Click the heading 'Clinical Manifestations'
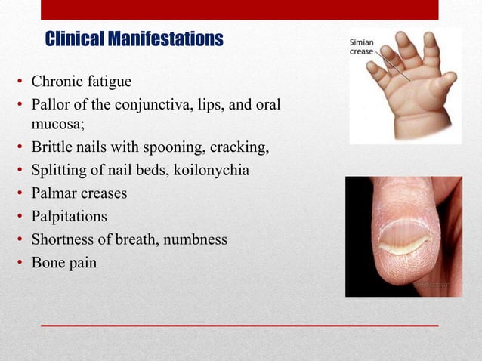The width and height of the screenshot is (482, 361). pyautogui.click(x=134, y=39)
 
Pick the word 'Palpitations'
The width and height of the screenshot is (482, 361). pyautogui.click(x=69, y=217)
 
